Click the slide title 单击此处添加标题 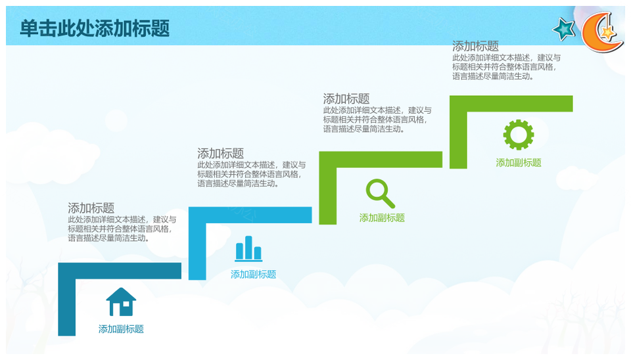tap(95, 28)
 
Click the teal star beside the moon tap(564, 30)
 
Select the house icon tap(121, 302)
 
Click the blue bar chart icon tap(248, 248)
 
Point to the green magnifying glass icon tap(380, 194)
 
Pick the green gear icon tap(519, 135)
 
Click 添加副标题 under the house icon tap(121, 329)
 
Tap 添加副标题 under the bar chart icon tap(253, 275)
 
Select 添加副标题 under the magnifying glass tap(382, 217)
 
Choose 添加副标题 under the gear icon tap(519, 162)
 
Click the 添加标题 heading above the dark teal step tap(91, 208)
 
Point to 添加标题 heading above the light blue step tap(221, 153)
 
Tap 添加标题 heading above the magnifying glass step tap(346, 99)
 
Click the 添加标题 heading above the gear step tap(475, 46)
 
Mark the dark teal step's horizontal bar tap(120, 271)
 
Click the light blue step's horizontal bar tap(250, 215)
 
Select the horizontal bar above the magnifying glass tap(381, 159)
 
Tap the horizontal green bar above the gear tap(511, 104)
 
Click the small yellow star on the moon tap(607, 32)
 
